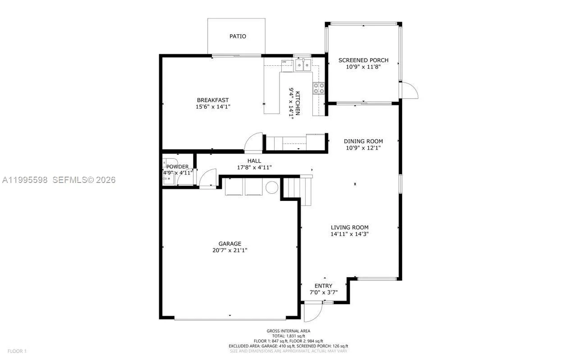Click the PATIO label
click(238, 36)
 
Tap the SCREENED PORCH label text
click(363, 60)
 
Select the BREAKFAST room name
click(213, 100)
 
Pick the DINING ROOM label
click(363, 141)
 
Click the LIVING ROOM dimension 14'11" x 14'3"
click(349, 234)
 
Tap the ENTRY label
click(323, 286)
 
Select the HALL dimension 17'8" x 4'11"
click(254, 167)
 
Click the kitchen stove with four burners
click(319, 88)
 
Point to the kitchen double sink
click(302, 66)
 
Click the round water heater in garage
click(272, 187)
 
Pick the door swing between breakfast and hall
click(254, 142)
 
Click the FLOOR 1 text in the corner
click(17, 351)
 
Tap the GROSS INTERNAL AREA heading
click(288, 331)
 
